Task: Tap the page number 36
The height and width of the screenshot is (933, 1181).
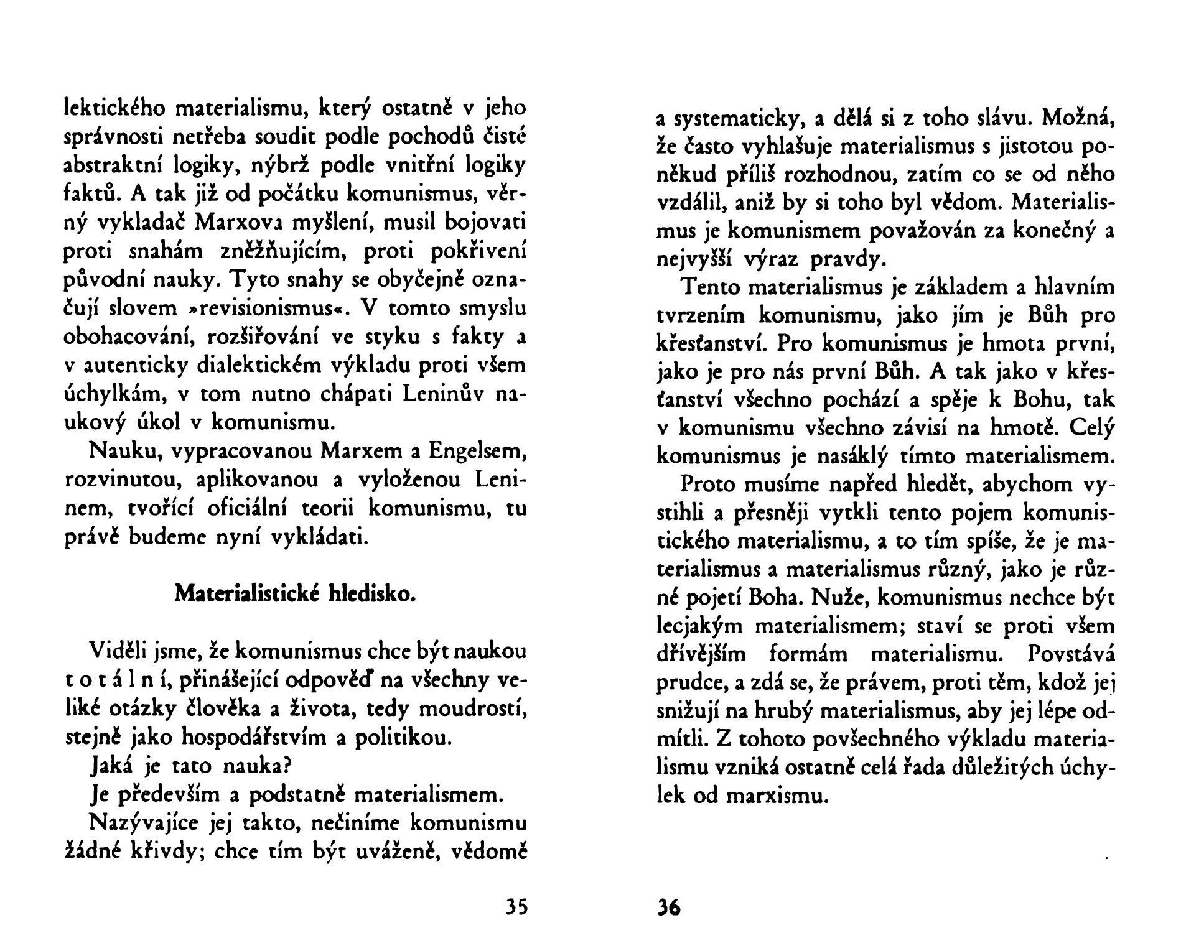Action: tap(669, 908)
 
